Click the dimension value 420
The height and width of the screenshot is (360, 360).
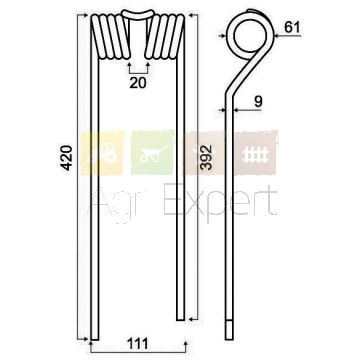point(67,158)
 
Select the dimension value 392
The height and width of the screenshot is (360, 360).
point(207,157)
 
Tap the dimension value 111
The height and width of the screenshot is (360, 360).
point(138,344)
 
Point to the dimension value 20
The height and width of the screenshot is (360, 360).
point(138,83)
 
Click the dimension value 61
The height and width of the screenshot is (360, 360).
point(292,27)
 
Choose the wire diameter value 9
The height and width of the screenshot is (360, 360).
point(258,102)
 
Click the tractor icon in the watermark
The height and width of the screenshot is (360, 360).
point(103,153)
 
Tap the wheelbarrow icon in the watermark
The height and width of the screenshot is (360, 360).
point(153,153)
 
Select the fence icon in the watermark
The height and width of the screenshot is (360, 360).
point(255,153)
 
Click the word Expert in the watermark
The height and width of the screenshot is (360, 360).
point(220,201)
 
